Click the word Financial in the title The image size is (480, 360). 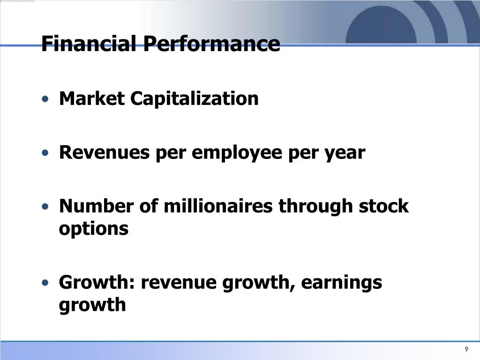coord(89,43)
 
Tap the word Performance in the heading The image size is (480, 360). coord(211,43)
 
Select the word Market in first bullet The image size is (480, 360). coord(92,98)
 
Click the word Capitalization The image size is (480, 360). coord(195,99)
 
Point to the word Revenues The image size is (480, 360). coord(105,152)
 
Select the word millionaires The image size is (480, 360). coord(218,206)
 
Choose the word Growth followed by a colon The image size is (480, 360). coord(97,282)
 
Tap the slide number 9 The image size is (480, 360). coord(466,349)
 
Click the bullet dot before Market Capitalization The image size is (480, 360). coord(45,99)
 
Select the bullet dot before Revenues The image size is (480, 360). coord(45,152)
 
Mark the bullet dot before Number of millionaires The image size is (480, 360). coord(45,206)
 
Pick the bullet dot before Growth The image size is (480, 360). coord(45,282)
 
